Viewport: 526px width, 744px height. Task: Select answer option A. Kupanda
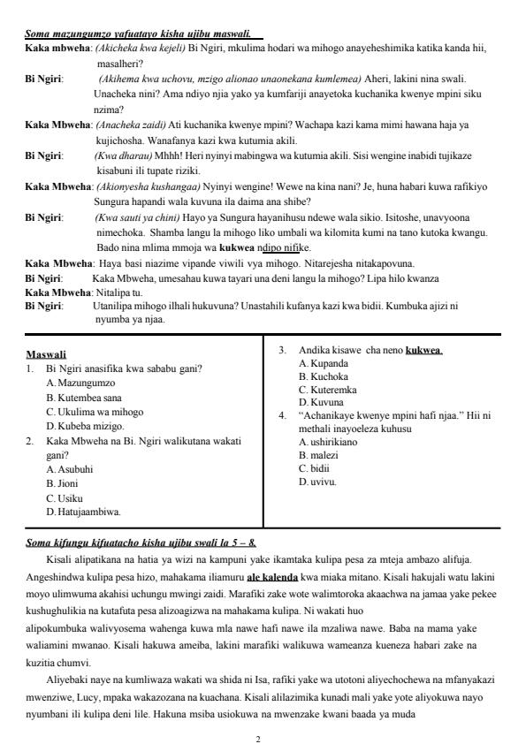[324, 363]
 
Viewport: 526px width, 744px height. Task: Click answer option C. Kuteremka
[327, 389]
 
